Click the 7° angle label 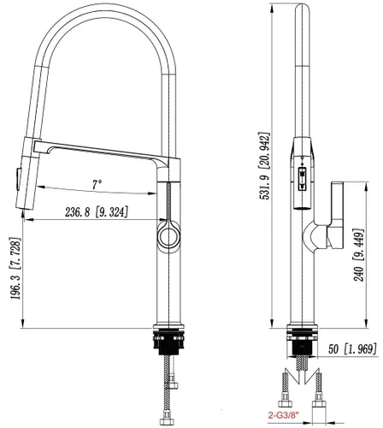[x=97, y=184]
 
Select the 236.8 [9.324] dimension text [x=97, y=212]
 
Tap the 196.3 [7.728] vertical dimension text [x=16, y=268]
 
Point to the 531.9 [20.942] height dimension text [x=263, y=165]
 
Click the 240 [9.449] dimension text [x=358, y=255]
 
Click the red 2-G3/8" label [x=284, y=415]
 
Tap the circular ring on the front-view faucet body [x=169, y=236]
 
